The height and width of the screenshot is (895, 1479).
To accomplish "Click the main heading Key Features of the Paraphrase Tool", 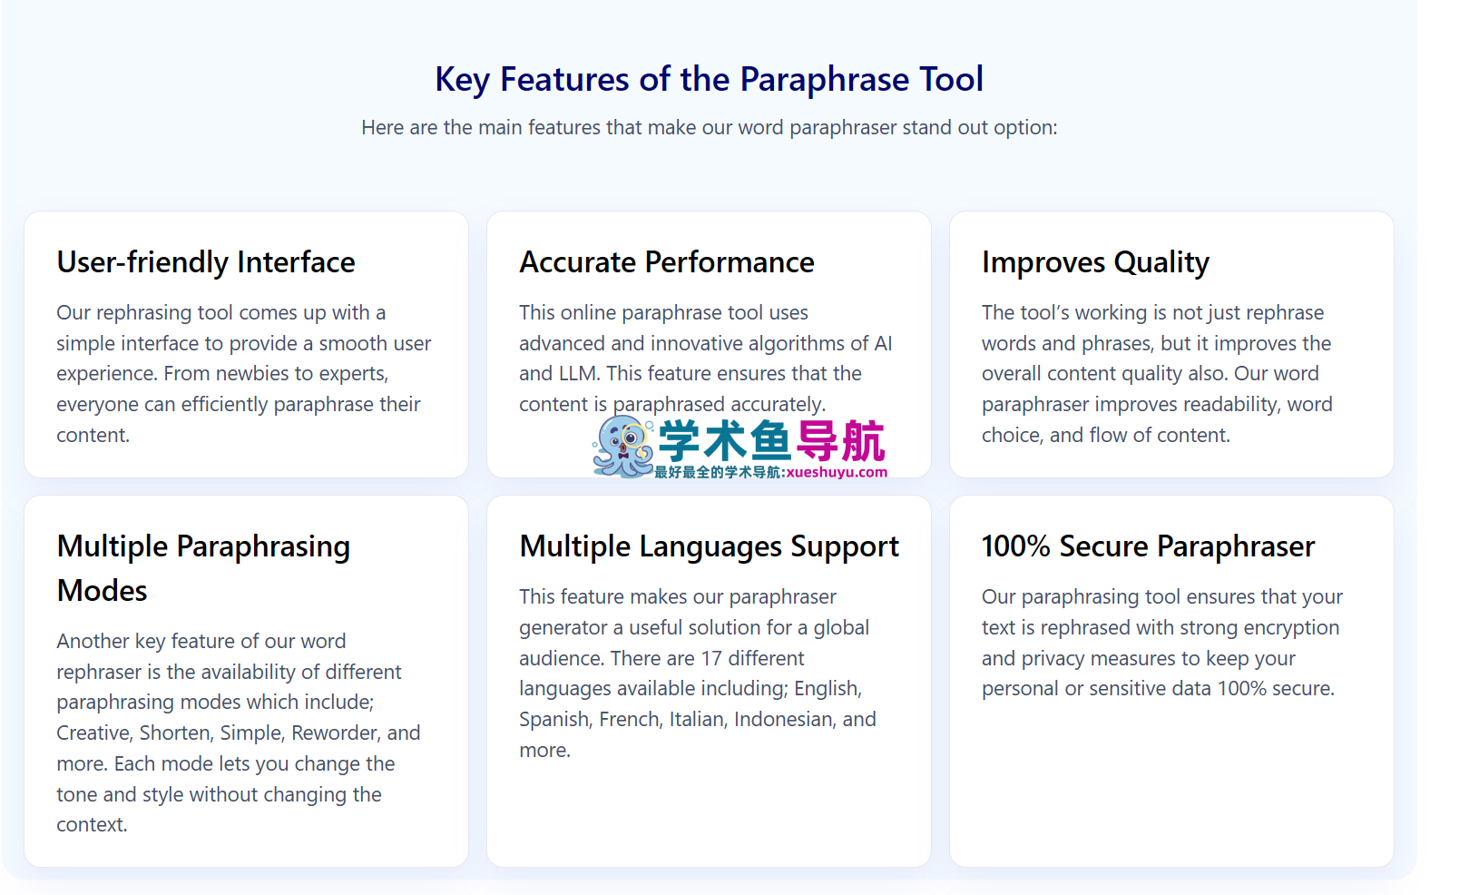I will [709, 80].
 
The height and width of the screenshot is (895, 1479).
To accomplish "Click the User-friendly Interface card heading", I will [206, 262].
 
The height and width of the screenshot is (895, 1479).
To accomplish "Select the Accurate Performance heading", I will [666, 262].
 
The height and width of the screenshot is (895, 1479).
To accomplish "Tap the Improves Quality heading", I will [1095, 262].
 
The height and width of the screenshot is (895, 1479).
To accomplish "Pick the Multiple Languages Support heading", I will [709, 546].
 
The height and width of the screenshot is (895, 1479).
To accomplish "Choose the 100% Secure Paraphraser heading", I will [1148, 546].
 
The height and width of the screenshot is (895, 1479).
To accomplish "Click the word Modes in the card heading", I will [102, 591].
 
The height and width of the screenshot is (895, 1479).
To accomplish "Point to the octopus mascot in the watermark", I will [622, 447].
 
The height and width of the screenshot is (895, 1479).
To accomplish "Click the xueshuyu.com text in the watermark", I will [837, 472].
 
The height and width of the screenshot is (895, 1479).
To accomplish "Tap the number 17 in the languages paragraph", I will [710, 658].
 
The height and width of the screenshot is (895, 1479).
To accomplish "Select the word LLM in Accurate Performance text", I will [577, 374].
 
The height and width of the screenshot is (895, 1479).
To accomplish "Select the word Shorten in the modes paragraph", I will [176, 733].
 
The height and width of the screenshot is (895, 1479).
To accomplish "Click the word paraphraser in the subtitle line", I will [843, 128].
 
